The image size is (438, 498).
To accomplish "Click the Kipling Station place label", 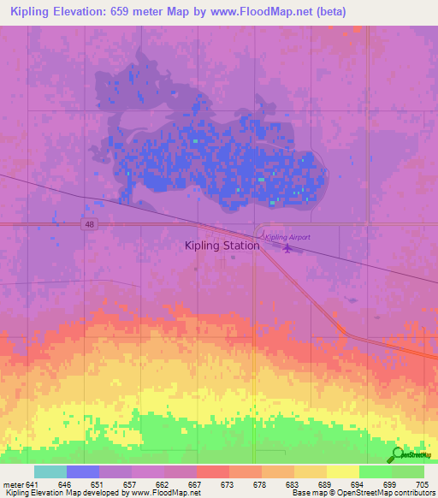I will pos(222,246).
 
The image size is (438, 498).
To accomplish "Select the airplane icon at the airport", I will pos(287,249).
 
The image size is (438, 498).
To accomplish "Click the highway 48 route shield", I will pos(89,224).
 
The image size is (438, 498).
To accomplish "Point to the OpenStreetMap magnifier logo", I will pos(397,455).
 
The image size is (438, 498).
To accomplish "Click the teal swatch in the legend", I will pos(50,471).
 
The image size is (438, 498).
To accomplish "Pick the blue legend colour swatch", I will pos(82,471).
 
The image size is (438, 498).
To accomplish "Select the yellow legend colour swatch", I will pos(342,471).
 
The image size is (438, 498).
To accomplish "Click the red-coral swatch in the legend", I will pos(212,471).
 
